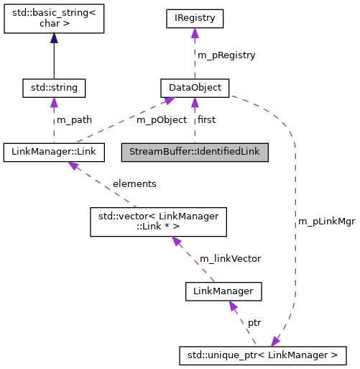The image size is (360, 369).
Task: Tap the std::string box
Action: (54, 88)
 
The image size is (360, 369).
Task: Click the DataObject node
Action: (194, 88)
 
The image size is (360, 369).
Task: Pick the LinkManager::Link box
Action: (54, 152)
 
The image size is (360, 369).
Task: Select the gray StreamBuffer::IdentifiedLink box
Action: (194, 152)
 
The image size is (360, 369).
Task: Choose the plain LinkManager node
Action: (223, 291)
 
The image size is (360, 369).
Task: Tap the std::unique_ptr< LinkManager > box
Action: (263, 355)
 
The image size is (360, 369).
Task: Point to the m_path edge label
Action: (74, 119)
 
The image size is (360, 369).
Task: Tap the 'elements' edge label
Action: (134, 183)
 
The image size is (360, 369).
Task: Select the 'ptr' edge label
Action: (254, 323)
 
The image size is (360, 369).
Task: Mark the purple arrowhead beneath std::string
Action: (54, 104)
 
